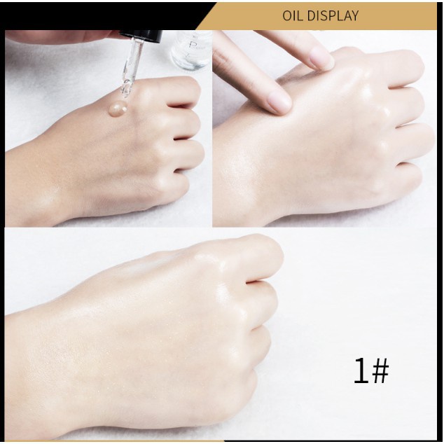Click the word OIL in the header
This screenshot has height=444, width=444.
tap(295, 15)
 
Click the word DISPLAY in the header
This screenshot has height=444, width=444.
tap(333, 15)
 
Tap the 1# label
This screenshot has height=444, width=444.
tap(370, 370)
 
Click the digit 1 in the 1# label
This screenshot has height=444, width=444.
tap(361, 370)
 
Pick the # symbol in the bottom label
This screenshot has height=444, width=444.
tap(379, 371)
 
